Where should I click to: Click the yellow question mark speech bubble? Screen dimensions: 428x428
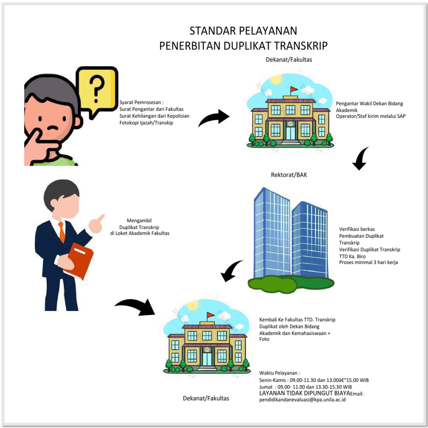click(97, 89)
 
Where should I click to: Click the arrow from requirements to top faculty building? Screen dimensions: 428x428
click(214, 118)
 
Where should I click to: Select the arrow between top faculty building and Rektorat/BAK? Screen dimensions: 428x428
click(360, 159)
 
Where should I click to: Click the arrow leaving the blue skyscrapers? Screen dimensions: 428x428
click(231, 271)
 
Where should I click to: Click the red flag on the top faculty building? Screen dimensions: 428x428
click(294, 89)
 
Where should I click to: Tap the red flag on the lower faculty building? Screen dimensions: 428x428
click(211, 315)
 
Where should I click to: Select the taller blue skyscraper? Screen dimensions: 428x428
click(272, 234)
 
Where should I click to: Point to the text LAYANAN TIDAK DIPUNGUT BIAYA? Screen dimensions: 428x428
click(304, 393)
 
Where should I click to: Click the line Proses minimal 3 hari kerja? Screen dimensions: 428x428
click(368, 262)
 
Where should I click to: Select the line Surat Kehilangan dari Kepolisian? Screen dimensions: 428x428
click(154, 116)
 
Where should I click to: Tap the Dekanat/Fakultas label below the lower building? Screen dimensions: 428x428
click(206, 398)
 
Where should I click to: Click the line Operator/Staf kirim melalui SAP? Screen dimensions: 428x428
click(370, 116)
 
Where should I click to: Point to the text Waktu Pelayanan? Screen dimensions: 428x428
click(279, 373)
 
